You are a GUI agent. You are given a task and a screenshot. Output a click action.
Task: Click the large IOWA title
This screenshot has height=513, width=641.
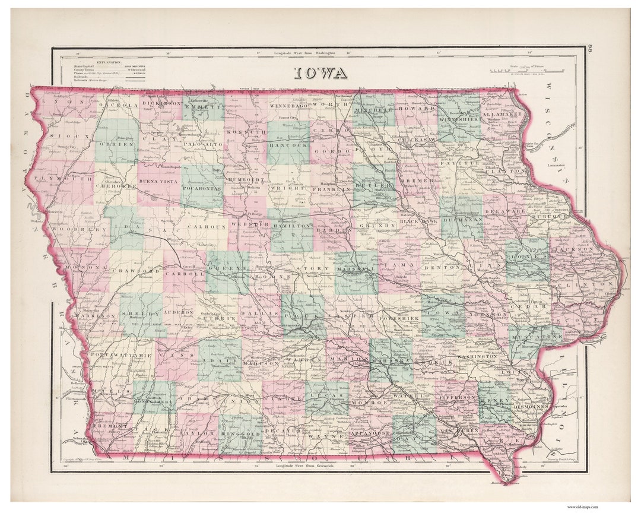click(x=320, y=73)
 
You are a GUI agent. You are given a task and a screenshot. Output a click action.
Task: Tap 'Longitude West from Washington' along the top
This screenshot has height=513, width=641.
click(x=304, y=53)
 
